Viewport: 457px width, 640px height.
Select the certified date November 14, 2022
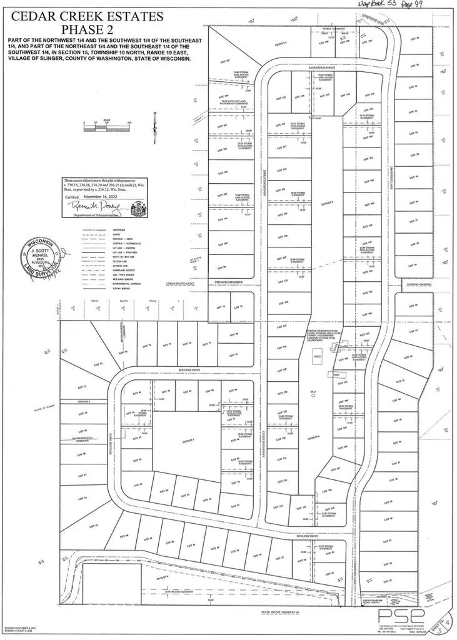click(x=103, y=194)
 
